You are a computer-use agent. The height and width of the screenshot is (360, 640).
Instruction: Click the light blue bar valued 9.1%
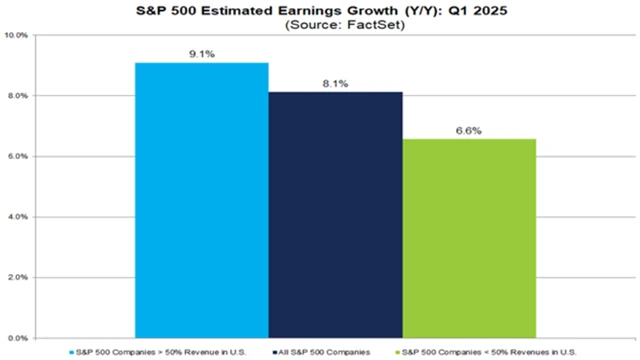point(201,200)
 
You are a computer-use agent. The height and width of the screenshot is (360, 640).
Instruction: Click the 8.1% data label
point(335,84)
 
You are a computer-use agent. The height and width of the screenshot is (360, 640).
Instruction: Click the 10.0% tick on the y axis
point(19,35)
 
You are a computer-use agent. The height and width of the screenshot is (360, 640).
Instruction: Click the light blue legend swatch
point(71,351)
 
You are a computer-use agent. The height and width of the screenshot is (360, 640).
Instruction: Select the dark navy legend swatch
point(272,351)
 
